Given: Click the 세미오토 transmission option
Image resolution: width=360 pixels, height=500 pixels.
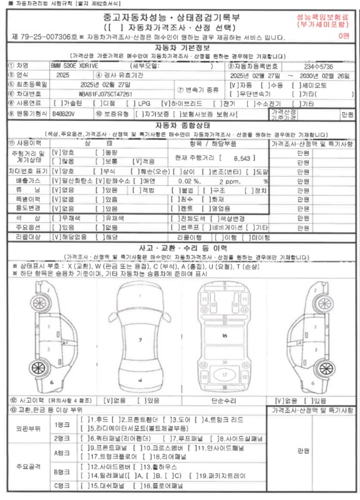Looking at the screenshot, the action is click(x=308, y=84).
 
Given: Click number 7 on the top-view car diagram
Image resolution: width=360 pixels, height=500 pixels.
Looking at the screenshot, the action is click(x=140, y=340).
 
